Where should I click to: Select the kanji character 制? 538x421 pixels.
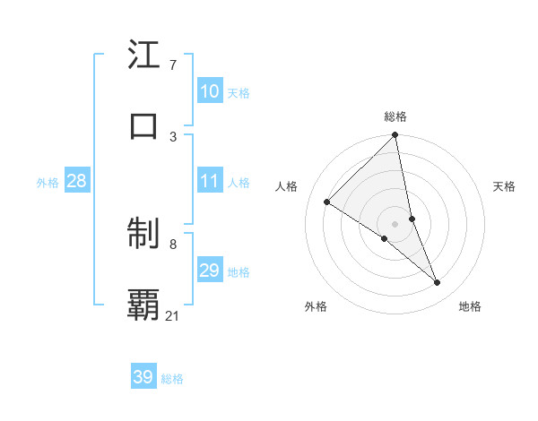tap(144, 235)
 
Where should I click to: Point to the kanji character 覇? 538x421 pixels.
tap(144, 305)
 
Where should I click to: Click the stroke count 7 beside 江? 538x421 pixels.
tap(172, 64)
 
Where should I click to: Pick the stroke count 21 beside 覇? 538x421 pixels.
tap(173, 315)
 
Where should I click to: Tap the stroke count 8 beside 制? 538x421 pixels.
tap(172, 244)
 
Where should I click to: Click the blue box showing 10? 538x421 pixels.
tap(210, 91)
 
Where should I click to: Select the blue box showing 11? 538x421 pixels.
tap(210, 181)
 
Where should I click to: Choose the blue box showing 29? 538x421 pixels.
tap(210, 271)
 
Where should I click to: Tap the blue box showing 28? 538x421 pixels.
tap(77, 181)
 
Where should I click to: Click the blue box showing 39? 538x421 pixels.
tap(143, 377)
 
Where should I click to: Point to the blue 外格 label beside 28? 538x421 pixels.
tap(48, 183)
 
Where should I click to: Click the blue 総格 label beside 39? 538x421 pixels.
tap(172, 379)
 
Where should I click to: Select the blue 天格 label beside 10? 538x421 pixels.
tap(239, 93)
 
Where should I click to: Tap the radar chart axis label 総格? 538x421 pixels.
tap(395, 116)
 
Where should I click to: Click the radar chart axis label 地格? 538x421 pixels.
tap(470, 306)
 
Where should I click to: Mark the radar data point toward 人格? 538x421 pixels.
tap(327, 202)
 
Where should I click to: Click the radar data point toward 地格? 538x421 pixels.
tap(438, 283)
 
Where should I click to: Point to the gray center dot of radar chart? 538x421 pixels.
tap(395, 223)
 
